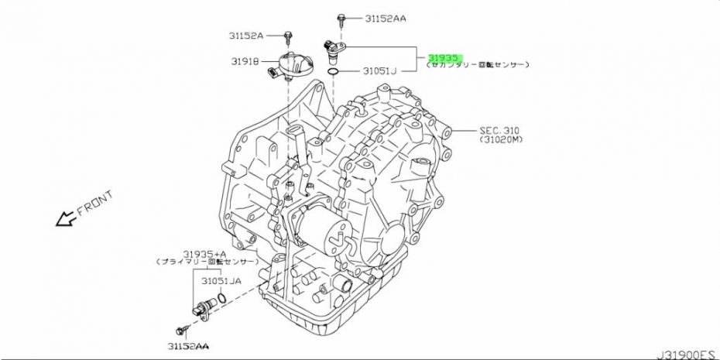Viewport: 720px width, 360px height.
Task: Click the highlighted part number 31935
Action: tap(444, 57)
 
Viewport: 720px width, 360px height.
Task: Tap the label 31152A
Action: tap(246, 36)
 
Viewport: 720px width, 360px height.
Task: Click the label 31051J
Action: tap(380, 71)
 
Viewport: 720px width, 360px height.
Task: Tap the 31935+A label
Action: tap(205, 253)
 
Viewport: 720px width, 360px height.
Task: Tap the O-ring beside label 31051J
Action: tap(332, 72)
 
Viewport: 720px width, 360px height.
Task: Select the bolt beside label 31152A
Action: tap(288, 36)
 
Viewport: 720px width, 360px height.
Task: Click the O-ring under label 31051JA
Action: tap(221, 298)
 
